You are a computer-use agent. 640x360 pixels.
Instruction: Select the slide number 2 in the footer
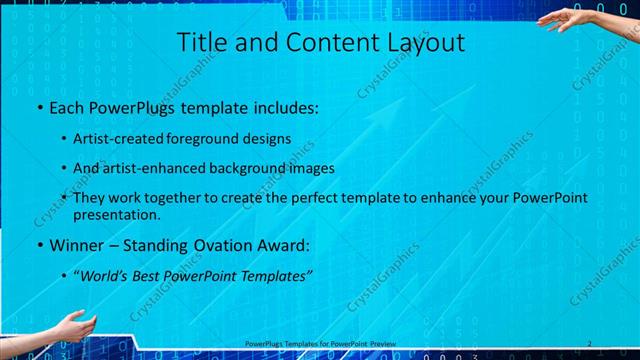(590, 344)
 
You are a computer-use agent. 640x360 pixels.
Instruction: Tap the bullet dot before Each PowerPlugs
(38, 107)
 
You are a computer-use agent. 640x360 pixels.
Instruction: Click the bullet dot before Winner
(38, 246)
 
